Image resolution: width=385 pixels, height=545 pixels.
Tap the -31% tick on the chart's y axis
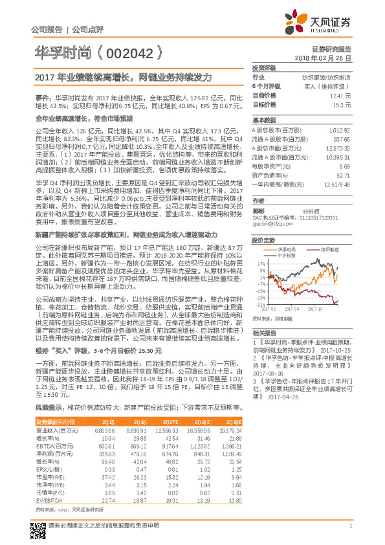pos(259,304)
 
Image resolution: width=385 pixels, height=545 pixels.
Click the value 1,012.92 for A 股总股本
pos(339,130)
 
